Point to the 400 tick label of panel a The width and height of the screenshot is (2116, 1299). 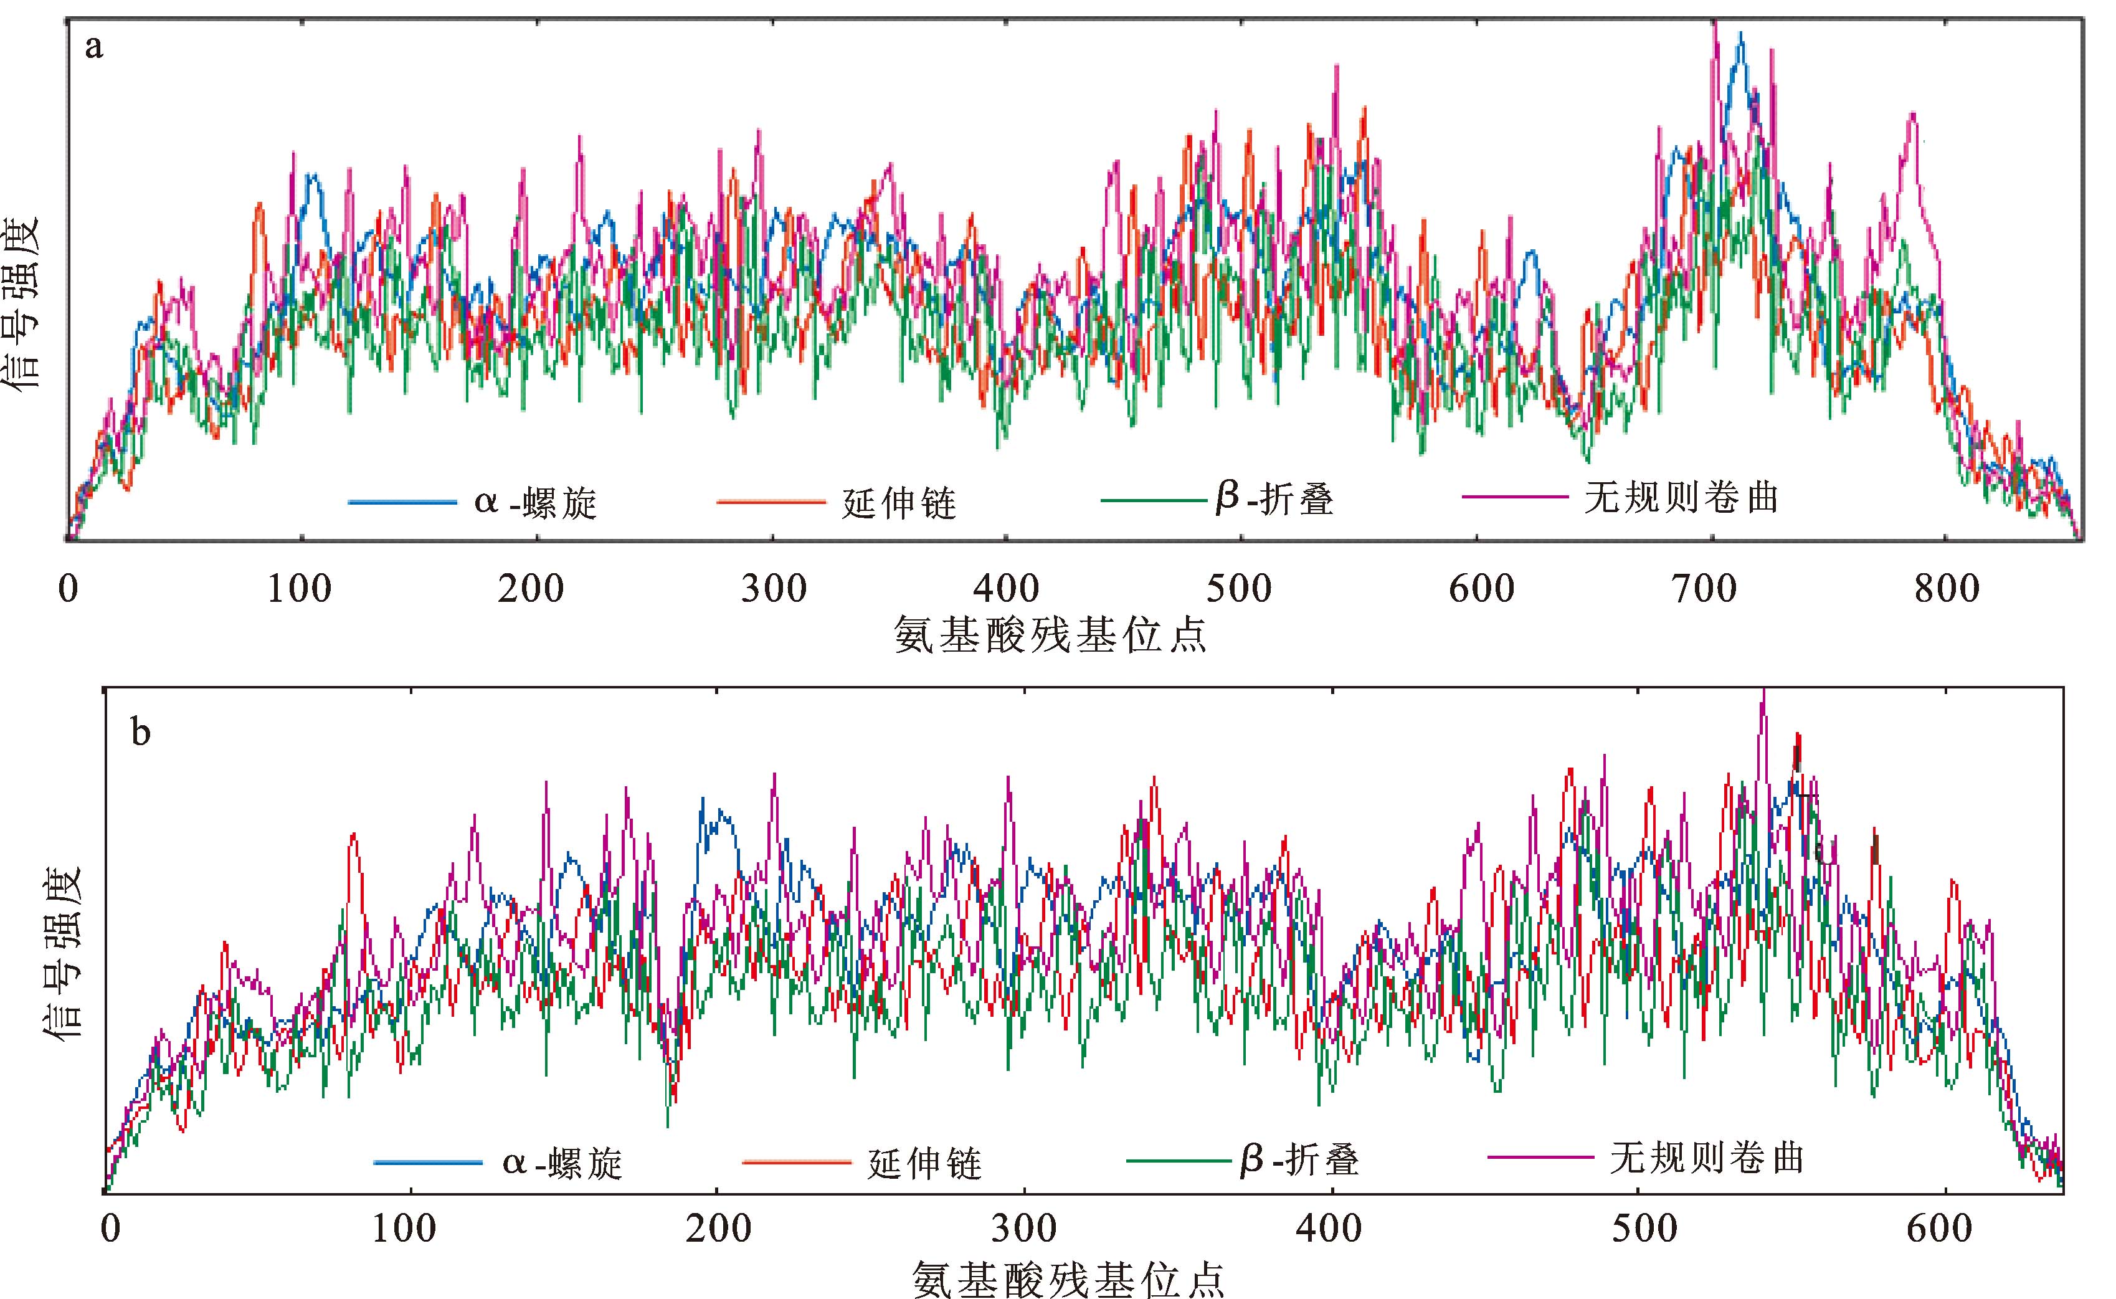click(1007, 589)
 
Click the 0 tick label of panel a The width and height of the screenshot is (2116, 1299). click(68, 589)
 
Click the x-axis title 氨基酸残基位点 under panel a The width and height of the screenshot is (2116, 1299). click(1050, 635)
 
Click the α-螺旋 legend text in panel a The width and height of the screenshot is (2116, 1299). click(535, 503)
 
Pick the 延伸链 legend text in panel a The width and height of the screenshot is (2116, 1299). click(898, 503)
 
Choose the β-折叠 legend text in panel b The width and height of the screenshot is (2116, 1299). click(1299, 1161)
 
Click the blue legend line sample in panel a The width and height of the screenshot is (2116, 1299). click(403, 502)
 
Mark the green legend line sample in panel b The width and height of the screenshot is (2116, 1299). click(1180, 1161)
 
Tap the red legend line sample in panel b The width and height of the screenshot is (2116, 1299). click(796, 1163)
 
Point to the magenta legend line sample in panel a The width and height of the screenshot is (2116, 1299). click(1516, 497)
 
